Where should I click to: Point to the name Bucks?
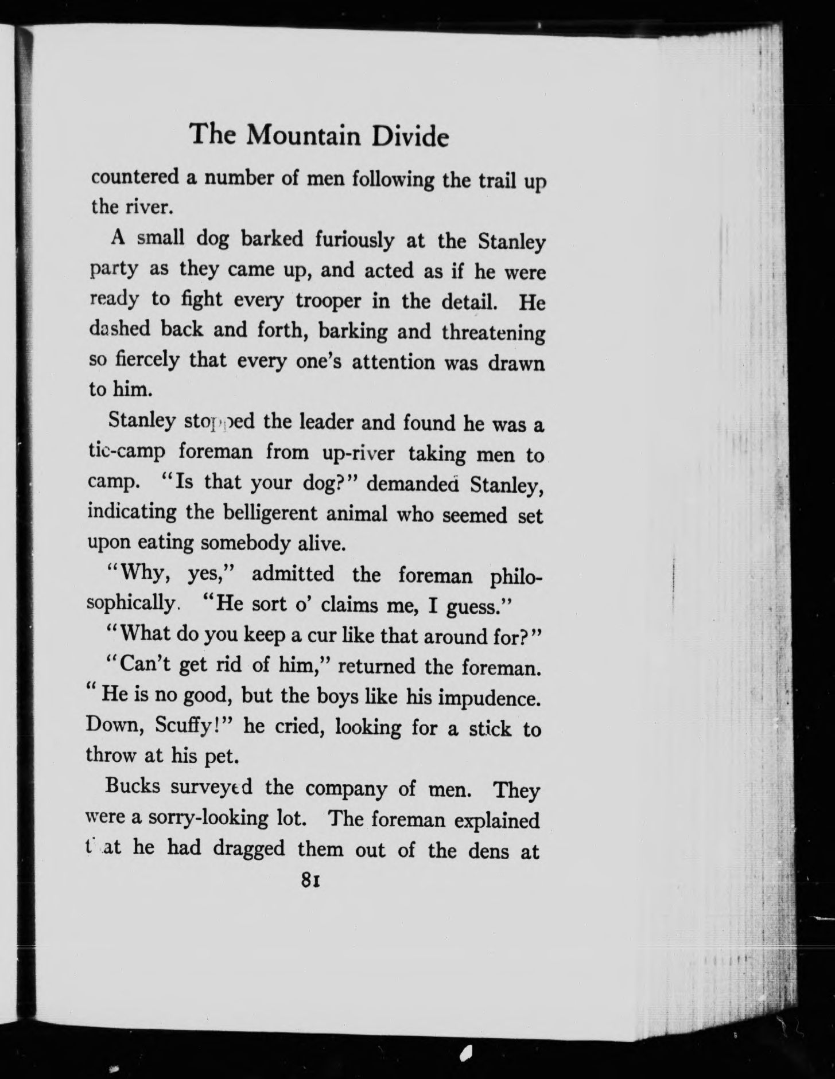[x=133, y=786]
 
